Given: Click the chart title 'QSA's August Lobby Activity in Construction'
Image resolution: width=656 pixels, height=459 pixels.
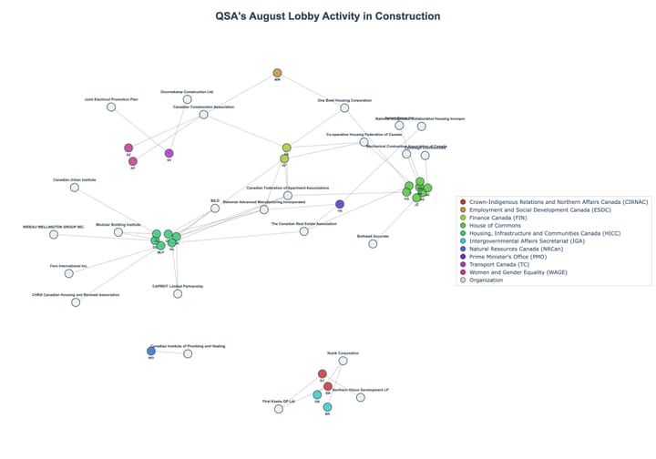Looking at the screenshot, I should tap(328, 16).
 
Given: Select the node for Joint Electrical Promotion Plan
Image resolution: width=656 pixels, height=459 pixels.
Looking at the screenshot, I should tap(111, 107).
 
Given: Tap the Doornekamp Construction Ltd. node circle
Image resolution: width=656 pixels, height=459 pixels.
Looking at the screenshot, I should tap(187, 99).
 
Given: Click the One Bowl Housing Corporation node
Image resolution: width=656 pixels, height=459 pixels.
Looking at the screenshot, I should tap(344, 107).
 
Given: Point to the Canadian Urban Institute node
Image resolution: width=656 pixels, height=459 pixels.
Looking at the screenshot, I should tap(75, 188).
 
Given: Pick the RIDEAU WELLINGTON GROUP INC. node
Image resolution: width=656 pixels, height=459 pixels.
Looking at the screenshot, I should tap(54, 234).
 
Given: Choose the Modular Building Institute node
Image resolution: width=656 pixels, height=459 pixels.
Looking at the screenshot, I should tap(118, 232).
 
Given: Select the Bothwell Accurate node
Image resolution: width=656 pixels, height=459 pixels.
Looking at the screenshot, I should tap(373, 243).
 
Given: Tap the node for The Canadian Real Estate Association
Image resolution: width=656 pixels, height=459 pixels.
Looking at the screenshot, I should tap(303, 231).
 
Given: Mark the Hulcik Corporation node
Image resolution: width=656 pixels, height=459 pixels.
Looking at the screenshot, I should tap(343, 361).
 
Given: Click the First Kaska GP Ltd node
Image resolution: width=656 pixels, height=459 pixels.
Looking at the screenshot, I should tap(279, 409).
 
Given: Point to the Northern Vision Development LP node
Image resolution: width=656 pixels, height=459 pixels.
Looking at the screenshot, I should tap(360, 397).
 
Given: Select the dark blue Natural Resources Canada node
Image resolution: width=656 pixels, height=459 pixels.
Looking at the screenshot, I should tap(151, 351).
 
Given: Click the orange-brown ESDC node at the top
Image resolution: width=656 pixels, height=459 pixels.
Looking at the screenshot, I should tap(277, 73).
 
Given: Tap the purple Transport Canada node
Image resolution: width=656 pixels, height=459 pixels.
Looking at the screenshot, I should tap(169, 153).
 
